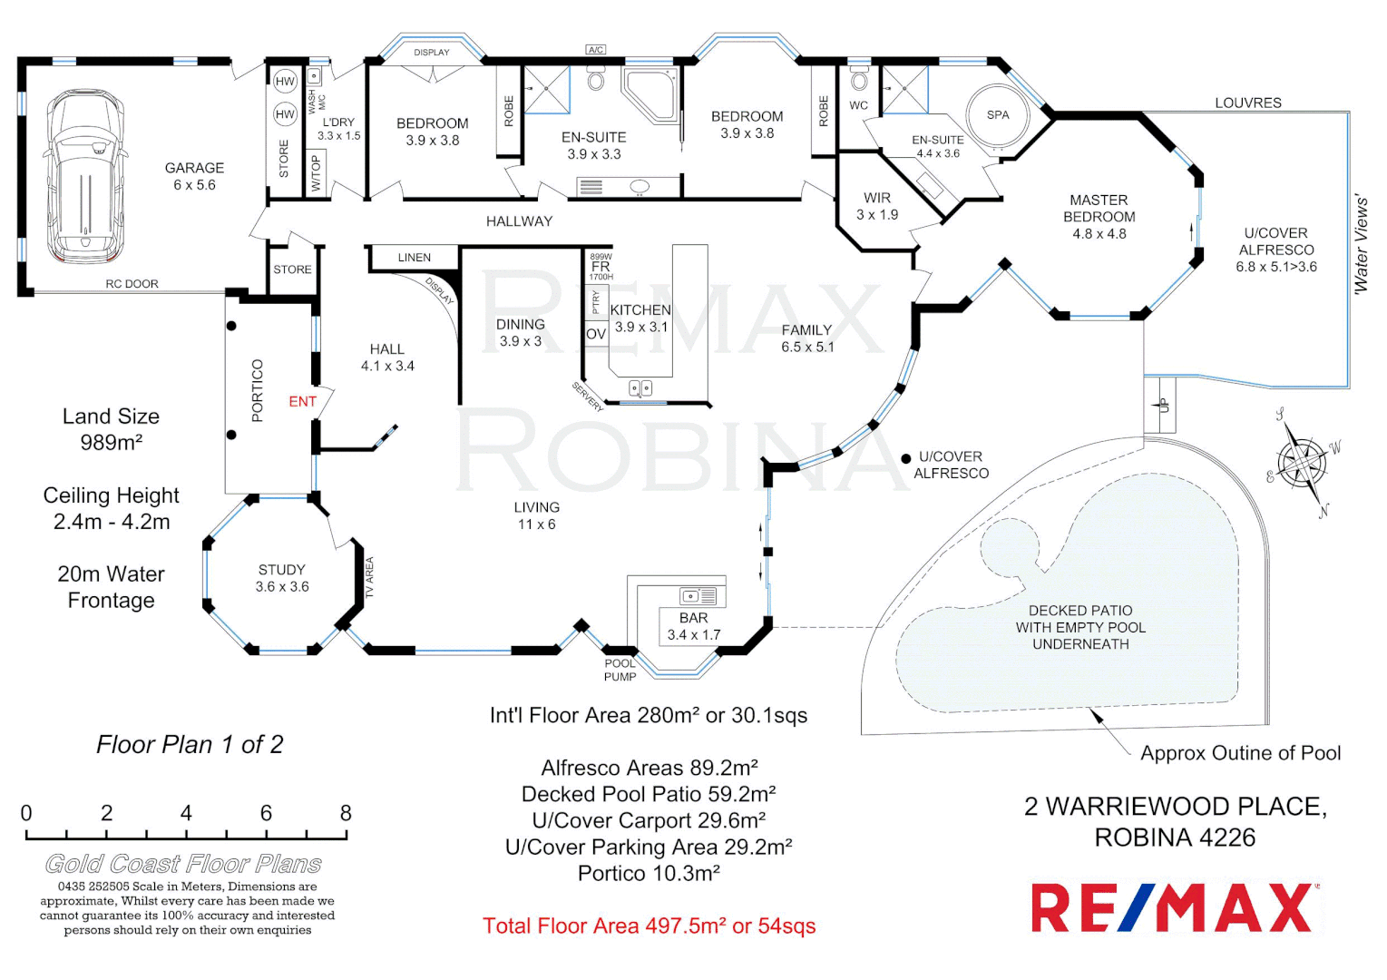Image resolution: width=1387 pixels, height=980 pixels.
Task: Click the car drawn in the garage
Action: pyautogui.click(x=84, y=176)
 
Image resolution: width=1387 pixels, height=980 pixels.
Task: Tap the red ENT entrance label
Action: pyautogui.click(x=302, y=402)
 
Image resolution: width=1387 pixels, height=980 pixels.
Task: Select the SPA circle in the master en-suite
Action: pyautogui.click(x=997, y=115)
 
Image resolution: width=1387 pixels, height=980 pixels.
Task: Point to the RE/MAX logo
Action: pyautogui.click(x=1175, y=907)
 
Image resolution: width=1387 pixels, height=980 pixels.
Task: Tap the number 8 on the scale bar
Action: pyautogui.click(x=345, y=813)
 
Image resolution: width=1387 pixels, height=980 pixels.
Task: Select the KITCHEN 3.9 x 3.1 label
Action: pyautogui.click(x=640, y=318)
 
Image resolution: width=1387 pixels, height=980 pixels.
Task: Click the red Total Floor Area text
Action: pyautogui.click(x=649, y=926)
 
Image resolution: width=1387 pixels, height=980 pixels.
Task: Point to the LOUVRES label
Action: pyautogui.click(x=1247, y=103)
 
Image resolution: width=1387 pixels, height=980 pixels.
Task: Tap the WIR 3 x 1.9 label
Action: pyautogui.click(x=876, y=206)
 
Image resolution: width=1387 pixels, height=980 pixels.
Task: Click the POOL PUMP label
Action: pyautogui.click(x=620, y=670)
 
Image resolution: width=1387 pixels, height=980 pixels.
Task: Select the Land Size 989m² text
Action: pyautogui.click(x=111, y=429)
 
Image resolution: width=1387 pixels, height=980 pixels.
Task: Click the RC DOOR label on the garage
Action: pyautogui.click(x=132, y=284)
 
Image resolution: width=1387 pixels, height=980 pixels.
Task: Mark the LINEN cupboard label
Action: pyautogui.click(x=414, y=258)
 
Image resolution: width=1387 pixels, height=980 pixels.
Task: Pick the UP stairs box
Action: pyautogui.click(x=1162, y=405)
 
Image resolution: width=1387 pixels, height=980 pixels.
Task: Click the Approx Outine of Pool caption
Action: pyautogui.click(x=1239, y=753)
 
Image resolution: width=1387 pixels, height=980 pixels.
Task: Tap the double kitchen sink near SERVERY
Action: pyautogui.click(x=640, y=388)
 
